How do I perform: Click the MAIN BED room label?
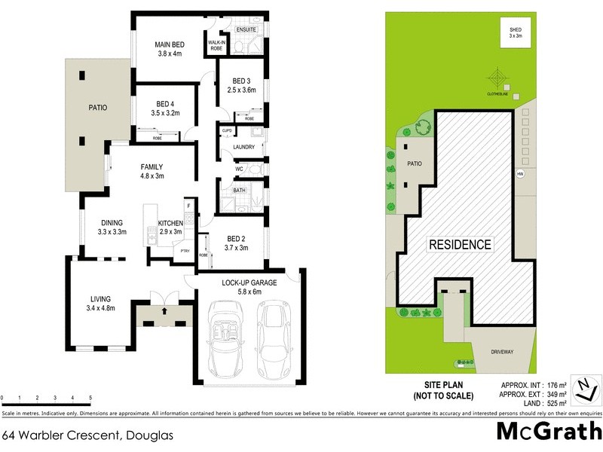point(169,43)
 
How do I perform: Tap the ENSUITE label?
point(246,29)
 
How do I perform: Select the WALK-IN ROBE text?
point(216,44)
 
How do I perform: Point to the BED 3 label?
point(241,81)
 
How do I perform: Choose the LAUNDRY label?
point(244,147)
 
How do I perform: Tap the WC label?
point(239,169)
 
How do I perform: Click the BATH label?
point(240,191)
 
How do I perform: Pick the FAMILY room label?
point(152,167)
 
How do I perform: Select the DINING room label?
point(112,222)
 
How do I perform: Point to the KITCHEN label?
point(170,222)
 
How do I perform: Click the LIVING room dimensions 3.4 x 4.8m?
point(100,307)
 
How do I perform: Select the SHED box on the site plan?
point(515,32)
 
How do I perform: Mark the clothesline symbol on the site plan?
point(497,78)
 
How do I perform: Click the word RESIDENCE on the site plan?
point(460,244)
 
